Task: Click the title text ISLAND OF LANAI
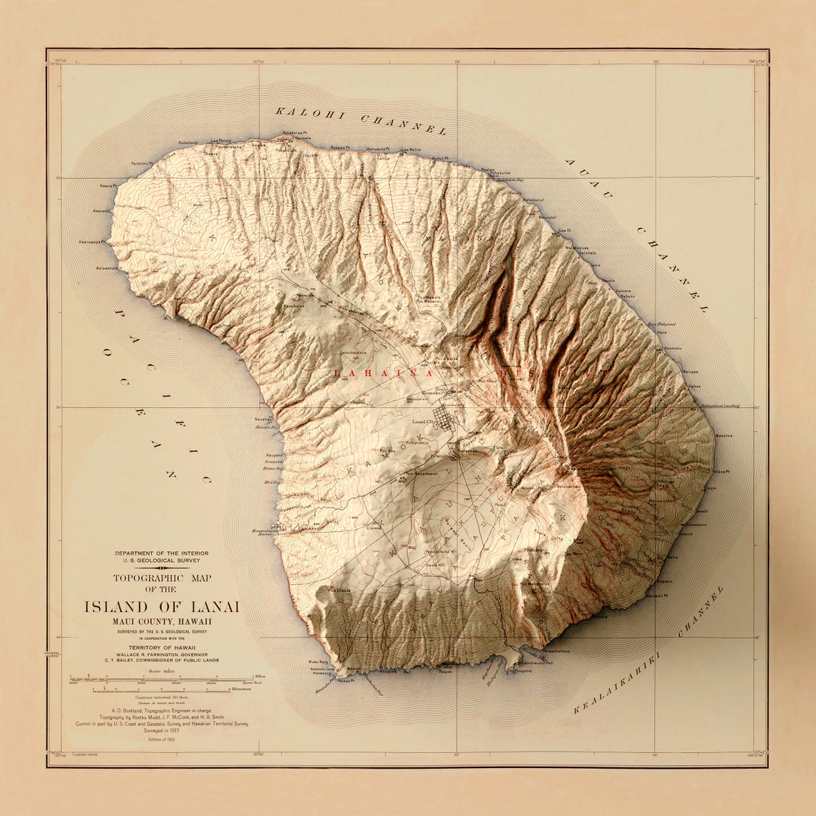pos(162,607)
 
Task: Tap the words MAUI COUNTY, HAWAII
pos(162,621)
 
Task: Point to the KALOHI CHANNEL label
pos(361,120)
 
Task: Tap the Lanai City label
pos(423,422)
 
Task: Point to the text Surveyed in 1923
pos(162,731)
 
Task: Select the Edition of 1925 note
pos(162,739)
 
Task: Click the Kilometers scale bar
pos(162,689)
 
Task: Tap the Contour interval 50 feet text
pos(162,696)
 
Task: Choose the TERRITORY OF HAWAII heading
pos(162,646)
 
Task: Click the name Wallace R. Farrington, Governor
pos(162,654)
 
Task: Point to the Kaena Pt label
pos(106,186)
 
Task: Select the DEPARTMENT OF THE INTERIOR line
pos(162,553)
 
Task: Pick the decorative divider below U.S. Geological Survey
pos(162,568)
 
